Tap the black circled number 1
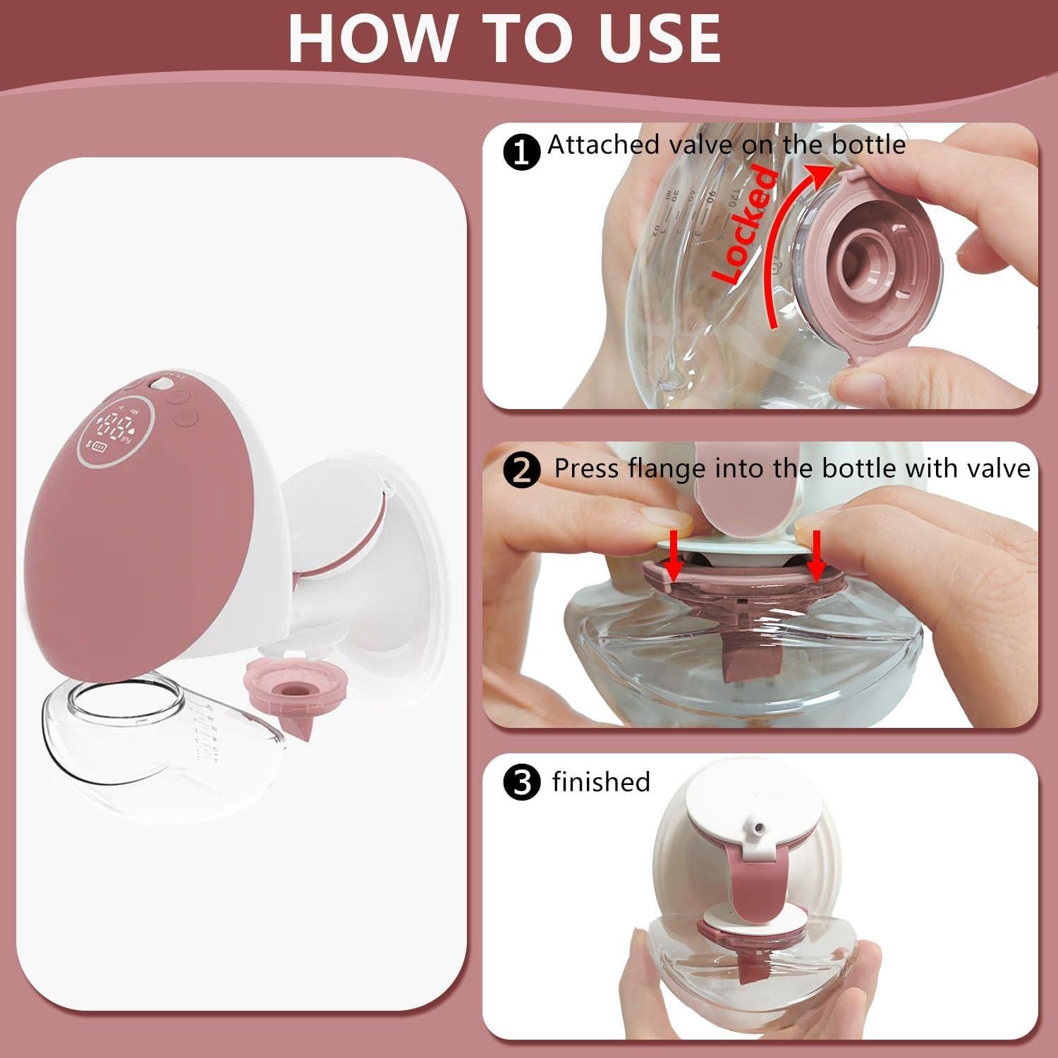tap(522, 152)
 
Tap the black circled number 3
tap(522, 784)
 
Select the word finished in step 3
tap(601, 782)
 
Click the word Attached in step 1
tap(602, 145)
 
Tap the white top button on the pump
tap(163, 384)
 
